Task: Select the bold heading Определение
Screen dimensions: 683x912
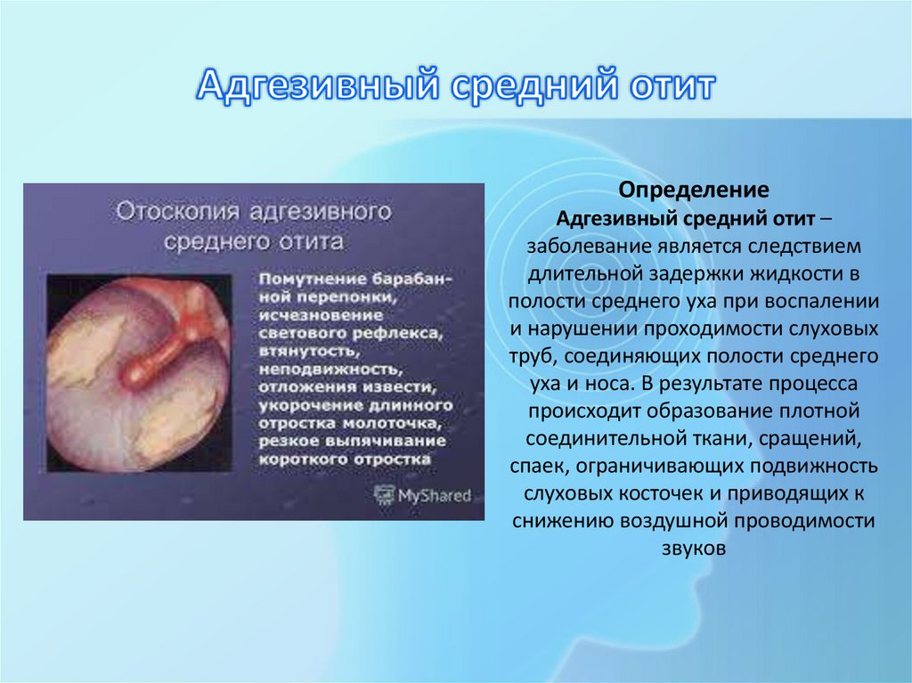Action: pos(695,191)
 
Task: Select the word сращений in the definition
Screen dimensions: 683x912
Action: pos(825,440)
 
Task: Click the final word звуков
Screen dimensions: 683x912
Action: pos(695,549)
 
